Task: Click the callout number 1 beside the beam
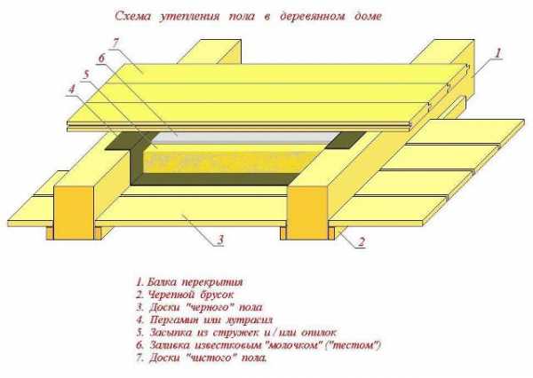click(x=498, y=52)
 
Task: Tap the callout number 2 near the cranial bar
click(x=362, y=241)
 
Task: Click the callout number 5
click(x=87, y=73)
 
